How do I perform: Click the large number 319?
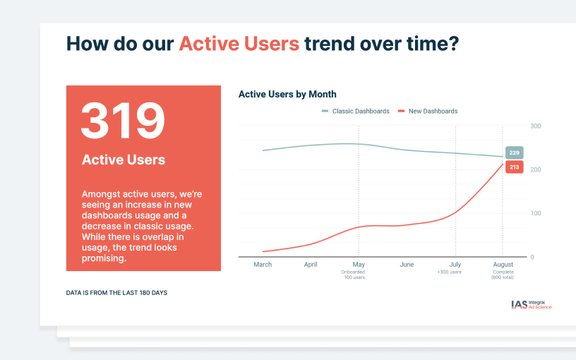point(123,121)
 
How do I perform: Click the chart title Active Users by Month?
point(287,95)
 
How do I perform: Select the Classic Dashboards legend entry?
point(355,112)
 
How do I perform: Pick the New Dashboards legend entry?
point(428,112)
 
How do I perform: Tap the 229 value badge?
point(515,152)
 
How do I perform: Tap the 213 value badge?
point(515,167)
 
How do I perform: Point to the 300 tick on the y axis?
point(536,126)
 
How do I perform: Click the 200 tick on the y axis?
point(536,169)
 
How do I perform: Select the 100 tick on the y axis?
point(536,213)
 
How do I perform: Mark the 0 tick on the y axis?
point(532,257)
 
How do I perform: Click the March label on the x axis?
point(263,265)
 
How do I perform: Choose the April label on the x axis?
point(311,265)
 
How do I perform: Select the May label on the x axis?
point(359,265)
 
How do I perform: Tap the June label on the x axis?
point(407,265)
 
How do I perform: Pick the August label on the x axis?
point(503,265)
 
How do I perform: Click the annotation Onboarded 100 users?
point(353,275)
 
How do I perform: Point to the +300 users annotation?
point(449,272)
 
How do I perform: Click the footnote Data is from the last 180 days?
point(116,293)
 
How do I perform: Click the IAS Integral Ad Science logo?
point(532,304)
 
